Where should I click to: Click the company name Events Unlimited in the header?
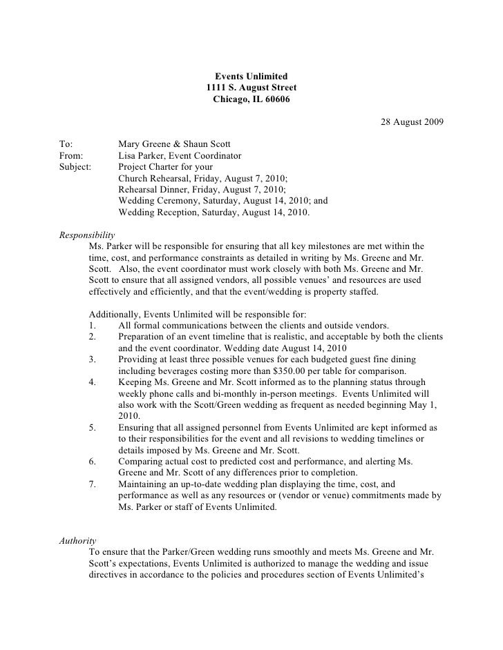point(251,76)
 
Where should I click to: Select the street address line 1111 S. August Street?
point(251,88)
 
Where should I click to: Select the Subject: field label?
point(75,167)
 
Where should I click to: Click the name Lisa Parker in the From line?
point(144,156)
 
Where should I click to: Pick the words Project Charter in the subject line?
point(151,167)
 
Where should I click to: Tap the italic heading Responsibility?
point(87,235)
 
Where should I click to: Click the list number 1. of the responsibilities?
point(94,326)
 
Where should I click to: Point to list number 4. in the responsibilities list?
point(94,381)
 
